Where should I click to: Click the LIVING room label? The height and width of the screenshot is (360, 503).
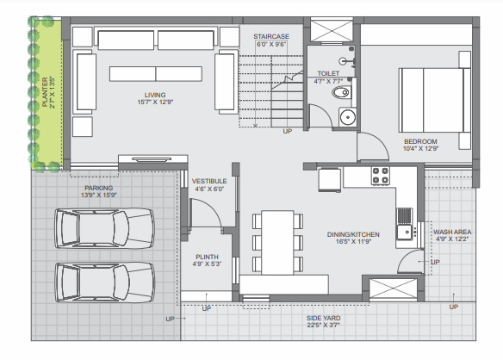[155, 95]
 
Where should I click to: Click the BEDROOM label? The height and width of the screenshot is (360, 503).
[420, 141]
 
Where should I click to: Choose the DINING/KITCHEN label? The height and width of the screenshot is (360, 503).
[354, 233]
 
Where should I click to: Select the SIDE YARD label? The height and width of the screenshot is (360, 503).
[325, 319]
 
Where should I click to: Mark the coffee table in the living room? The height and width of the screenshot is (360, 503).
[156, 73]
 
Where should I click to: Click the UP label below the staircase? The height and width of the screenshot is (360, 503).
[287, 131]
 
